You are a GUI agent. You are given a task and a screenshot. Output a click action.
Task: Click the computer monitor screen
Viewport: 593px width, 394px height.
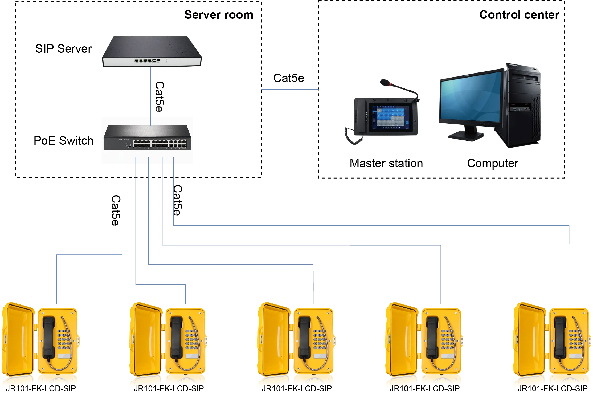[470, 97]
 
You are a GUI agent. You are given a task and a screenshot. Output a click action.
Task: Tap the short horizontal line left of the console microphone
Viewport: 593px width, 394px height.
[289, 90]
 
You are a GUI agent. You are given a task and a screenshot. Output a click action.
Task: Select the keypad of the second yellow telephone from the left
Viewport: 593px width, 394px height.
[191, 340]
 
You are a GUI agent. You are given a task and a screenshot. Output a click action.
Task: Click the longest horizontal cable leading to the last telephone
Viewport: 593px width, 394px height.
[373, 225]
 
